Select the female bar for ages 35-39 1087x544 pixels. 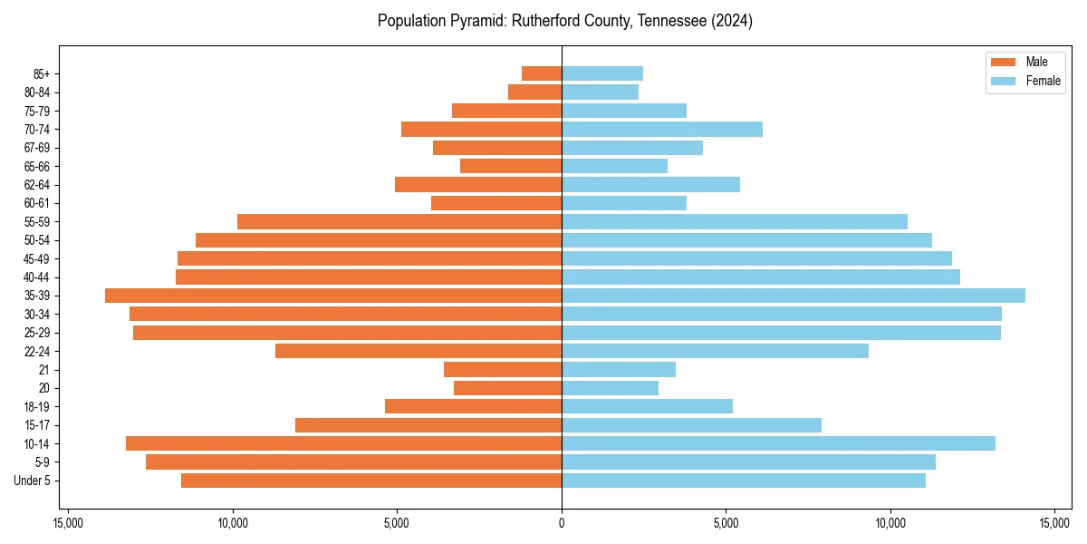click(x=794, y=296)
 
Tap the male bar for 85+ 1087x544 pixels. click(x=542, y=73)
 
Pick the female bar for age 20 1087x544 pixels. click(x=610, y=388)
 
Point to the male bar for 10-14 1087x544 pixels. click(x=344, y=443)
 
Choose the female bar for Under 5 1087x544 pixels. click(x=744, y=481)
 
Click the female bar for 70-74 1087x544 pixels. click(x=662, y=129)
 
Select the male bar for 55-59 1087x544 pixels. click(x=399, y=221)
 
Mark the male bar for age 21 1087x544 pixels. click(x=503, y=369)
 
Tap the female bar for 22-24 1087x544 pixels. click(x=715, y=351)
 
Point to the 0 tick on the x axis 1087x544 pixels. click(x=562, y=523)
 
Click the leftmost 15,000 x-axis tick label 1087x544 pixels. click(x=69, y=523)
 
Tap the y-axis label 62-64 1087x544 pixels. click(x=37, y=185)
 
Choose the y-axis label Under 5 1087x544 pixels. click(x=33, y=481)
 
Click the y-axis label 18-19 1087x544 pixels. click(x=37, y=406)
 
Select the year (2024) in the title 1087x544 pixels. click(x=732, y=21)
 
